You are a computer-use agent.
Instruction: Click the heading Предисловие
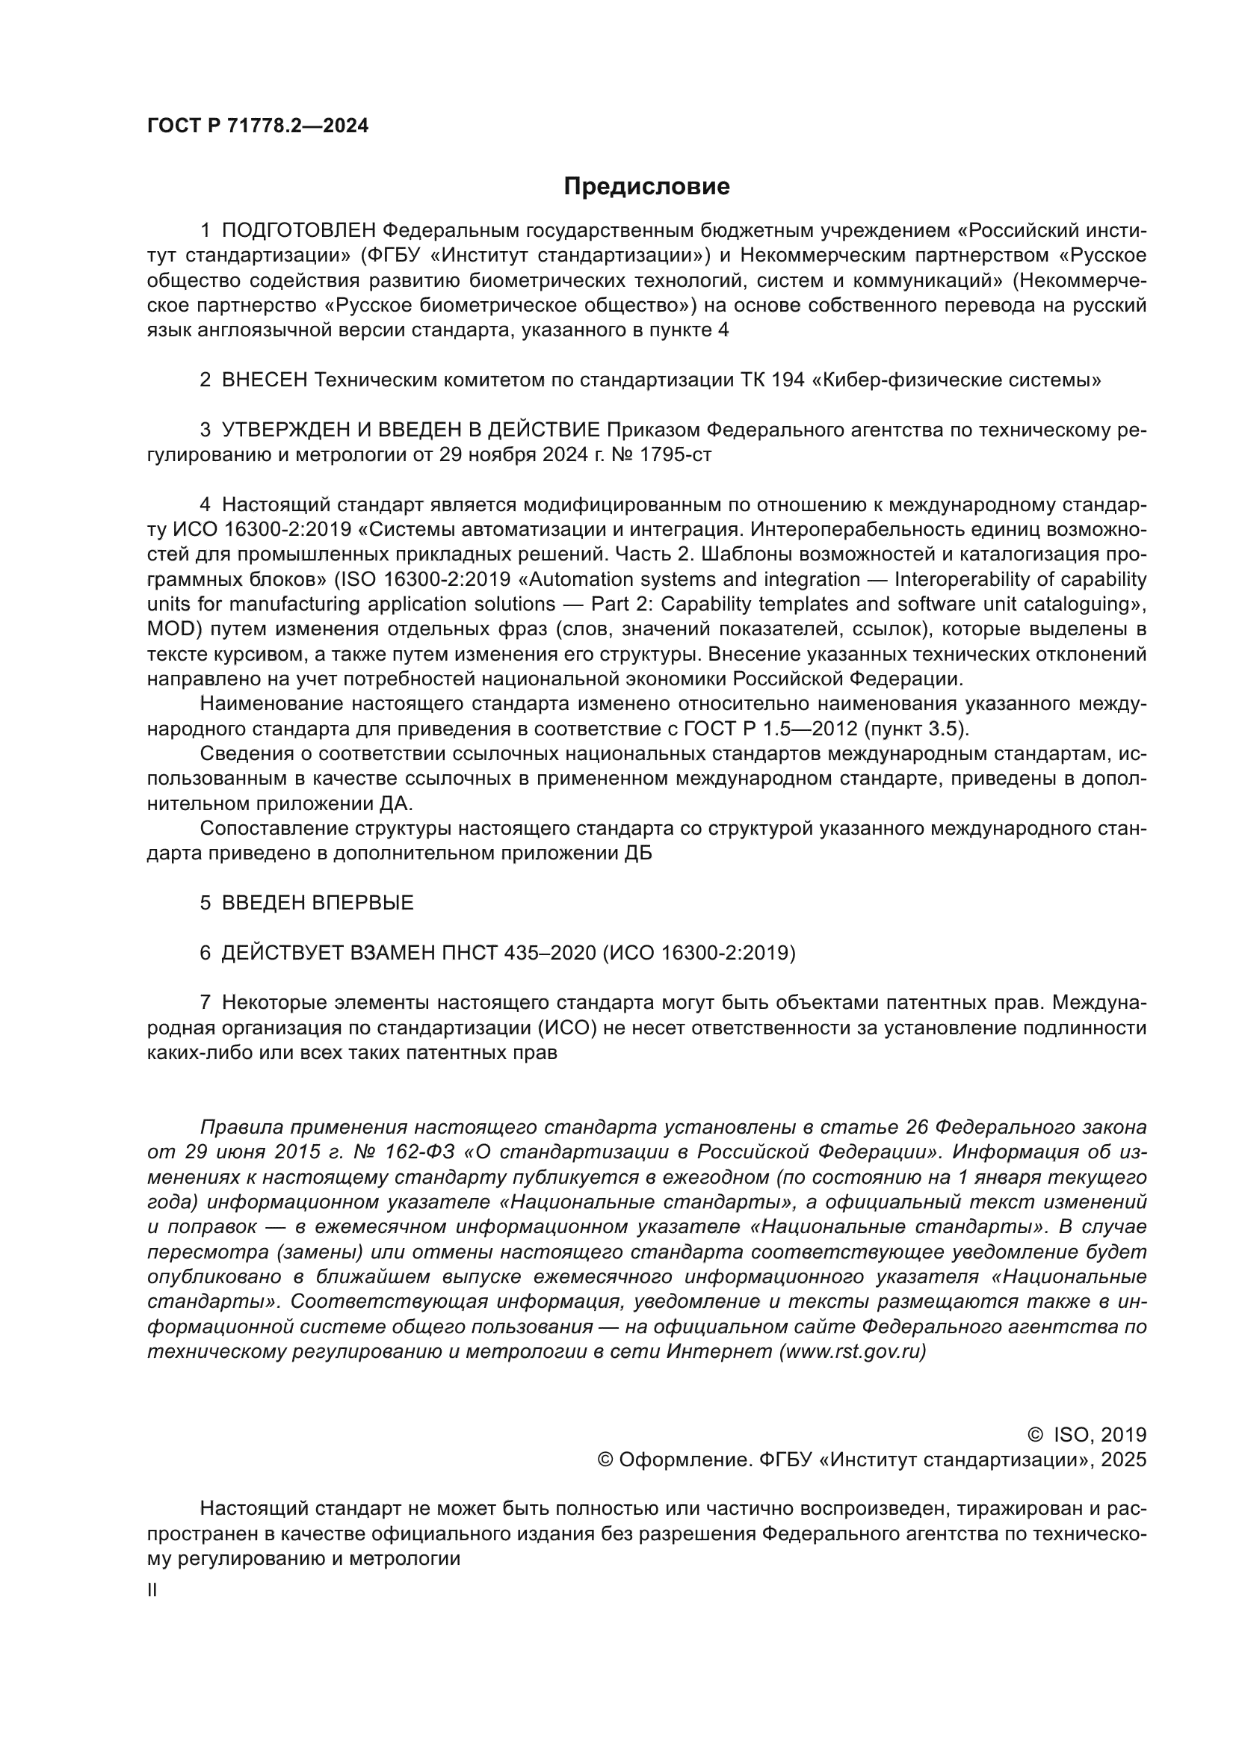[x=646, y=187]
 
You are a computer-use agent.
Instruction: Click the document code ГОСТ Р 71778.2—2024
[x=257, y=126]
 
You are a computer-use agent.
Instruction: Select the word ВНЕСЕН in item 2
[x=264, y=380]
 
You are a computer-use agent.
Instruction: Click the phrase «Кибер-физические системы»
[x=957, y=380]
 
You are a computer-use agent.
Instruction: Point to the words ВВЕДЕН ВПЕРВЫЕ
[x=318, y=903]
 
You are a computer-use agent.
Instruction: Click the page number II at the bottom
[x=152, y=1590]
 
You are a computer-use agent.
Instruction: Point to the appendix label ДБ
[x=637, y=853]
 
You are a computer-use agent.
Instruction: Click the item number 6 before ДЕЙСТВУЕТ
[x=206, y=953]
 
